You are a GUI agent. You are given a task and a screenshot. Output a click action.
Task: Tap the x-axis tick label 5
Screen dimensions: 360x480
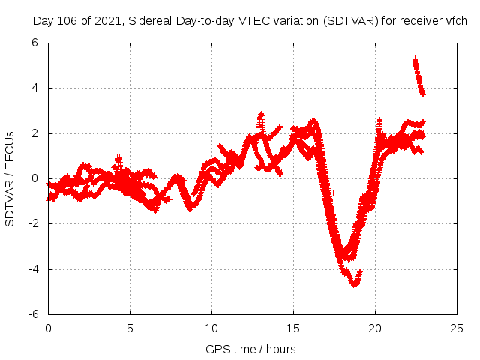[x=130, y=328]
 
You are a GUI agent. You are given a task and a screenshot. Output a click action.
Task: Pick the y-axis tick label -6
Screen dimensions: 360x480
[x=34, y=314]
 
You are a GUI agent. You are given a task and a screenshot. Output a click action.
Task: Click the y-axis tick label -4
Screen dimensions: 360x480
[x=34, y=269]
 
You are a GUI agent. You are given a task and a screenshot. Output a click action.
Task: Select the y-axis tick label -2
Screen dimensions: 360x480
[x=34, y=223]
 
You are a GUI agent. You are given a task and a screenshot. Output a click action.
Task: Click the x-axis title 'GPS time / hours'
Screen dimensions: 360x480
[x=250, y=349]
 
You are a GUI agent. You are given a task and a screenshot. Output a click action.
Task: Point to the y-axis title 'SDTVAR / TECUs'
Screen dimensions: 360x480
[x=10, y=178]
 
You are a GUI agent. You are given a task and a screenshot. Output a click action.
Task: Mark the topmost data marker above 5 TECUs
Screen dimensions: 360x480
[x=415, y=58]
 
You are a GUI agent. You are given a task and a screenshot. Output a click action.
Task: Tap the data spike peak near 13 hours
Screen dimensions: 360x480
[x=261, y=114]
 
